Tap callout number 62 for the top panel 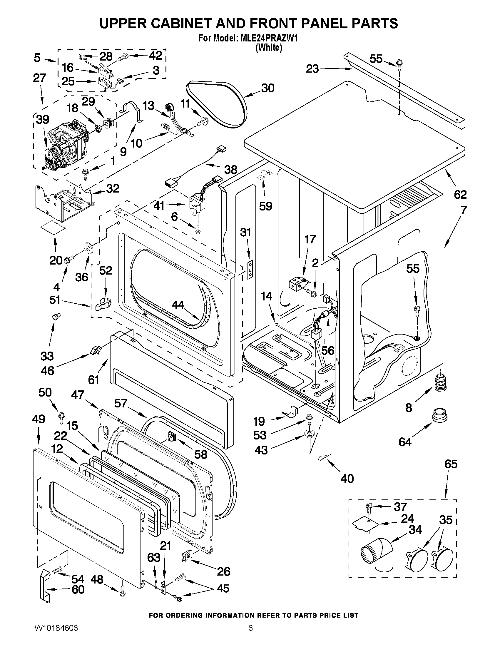pos(460,195)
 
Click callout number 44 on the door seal pos(178,304)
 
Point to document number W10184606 pos(56,628)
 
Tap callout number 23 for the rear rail pos(312,69)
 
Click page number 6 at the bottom pos(250,628)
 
